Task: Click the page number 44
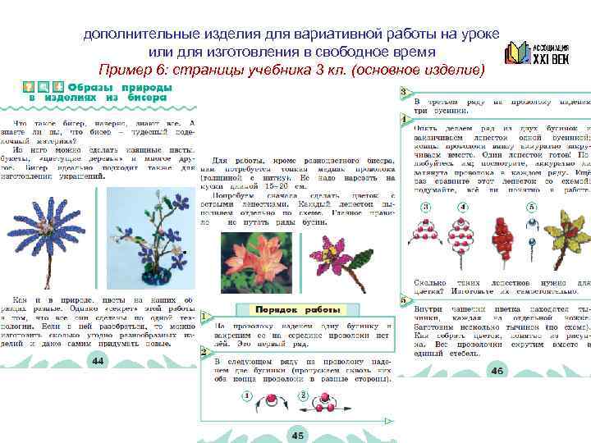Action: [x=97, y=361]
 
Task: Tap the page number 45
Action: [x=296, y=436]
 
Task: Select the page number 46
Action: [x=497, y=371]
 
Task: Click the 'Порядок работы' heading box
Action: [x=296, y=311]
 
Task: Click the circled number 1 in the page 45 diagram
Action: [x=245, y=397]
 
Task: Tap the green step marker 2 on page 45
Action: [x=202, y=351]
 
